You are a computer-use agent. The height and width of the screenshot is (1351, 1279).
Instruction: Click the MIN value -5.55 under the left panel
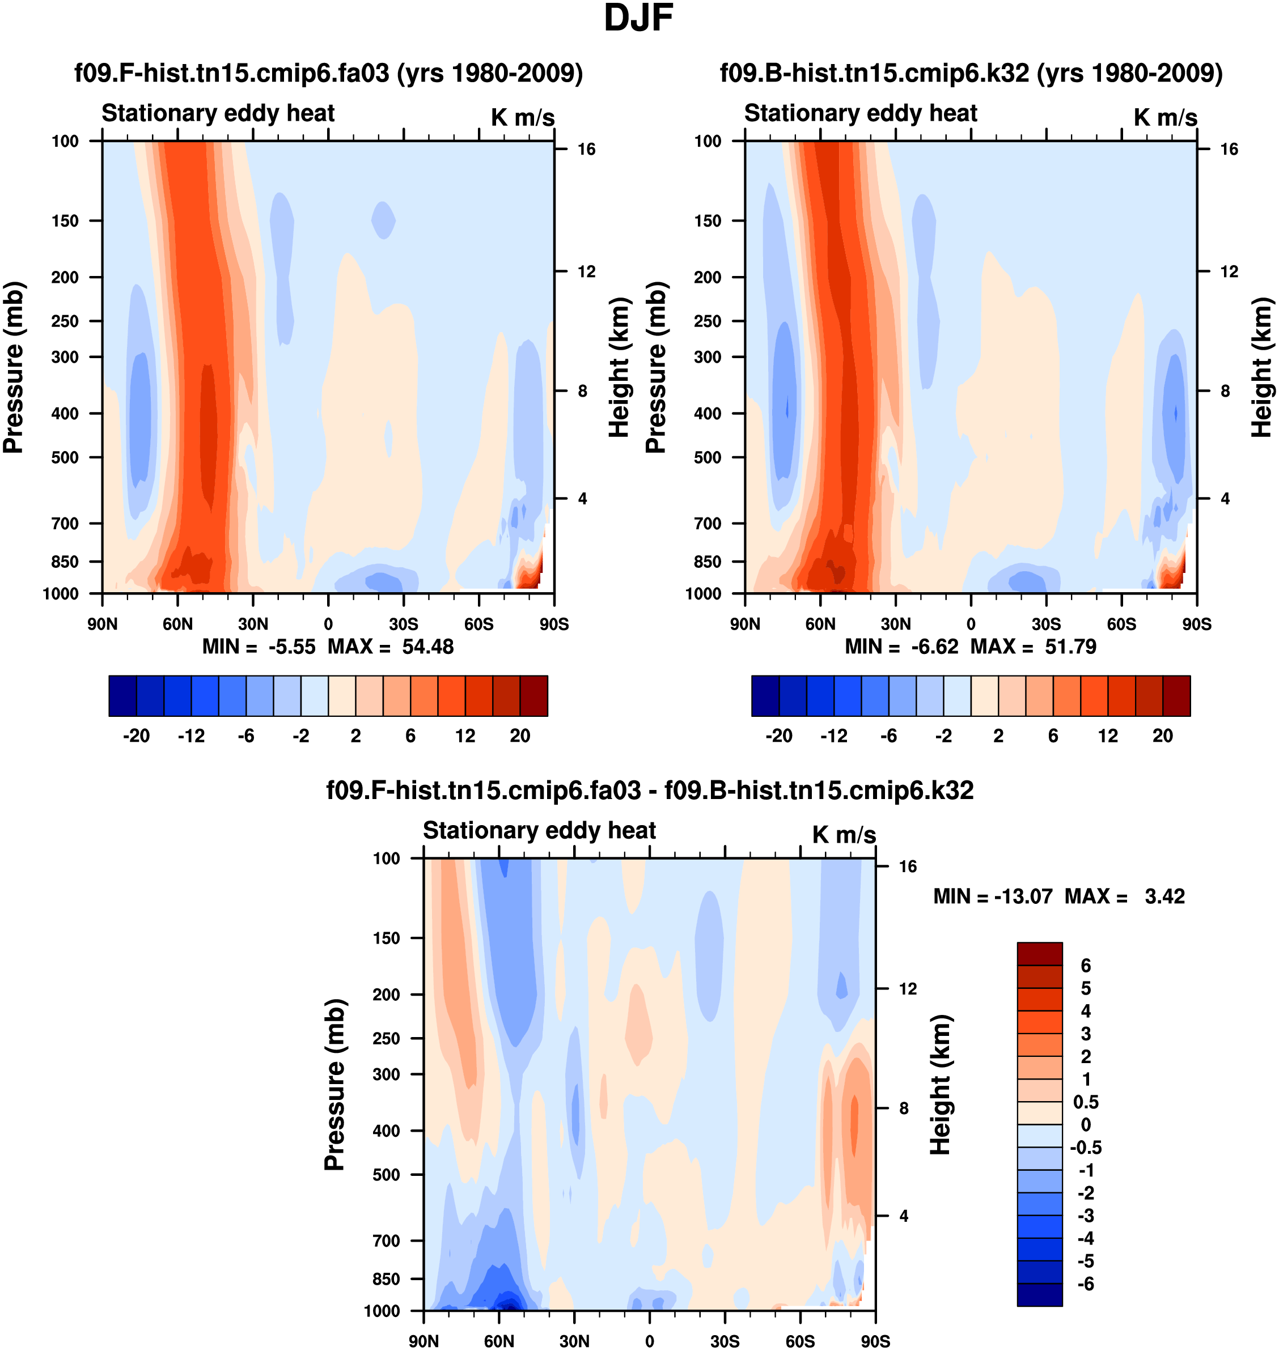coord(292,646)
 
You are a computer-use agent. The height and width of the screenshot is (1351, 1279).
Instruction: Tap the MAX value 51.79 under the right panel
coord(1070,646)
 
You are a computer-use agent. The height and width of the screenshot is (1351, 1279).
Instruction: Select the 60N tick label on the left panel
coord(177,624)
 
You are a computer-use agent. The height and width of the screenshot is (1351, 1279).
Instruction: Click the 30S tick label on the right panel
coord(1046,624)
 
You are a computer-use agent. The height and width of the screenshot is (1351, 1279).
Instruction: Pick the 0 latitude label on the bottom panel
coord(650,1341)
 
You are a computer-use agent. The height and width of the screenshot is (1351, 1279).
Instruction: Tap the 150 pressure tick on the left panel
coord(65,221)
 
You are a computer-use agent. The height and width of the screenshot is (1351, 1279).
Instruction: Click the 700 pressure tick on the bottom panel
coord(387,1240)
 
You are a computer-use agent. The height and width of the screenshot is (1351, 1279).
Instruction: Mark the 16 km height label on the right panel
coord(1229,149)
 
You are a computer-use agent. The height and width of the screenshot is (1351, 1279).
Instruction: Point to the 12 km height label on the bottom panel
coord(908,989)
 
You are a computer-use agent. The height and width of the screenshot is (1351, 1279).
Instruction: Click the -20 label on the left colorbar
coord(137,736)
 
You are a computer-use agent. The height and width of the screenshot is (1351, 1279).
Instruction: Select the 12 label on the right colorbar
coord(1108,736)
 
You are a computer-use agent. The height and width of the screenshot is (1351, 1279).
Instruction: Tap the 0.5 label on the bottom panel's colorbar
coord(1085,1102)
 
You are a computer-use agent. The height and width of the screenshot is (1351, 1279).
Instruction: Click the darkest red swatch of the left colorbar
coord(534,696)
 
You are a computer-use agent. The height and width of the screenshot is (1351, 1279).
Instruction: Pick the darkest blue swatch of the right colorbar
coord(765,696)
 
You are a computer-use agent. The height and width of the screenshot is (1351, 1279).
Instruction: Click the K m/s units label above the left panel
coord(522,118)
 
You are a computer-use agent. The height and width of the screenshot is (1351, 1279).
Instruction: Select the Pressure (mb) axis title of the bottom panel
coord(334,1085)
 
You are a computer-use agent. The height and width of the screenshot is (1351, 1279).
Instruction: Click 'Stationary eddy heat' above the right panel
coord(861,113)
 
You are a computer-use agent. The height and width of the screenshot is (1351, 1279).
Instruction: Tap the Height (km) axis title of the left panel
coord(619,368)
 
